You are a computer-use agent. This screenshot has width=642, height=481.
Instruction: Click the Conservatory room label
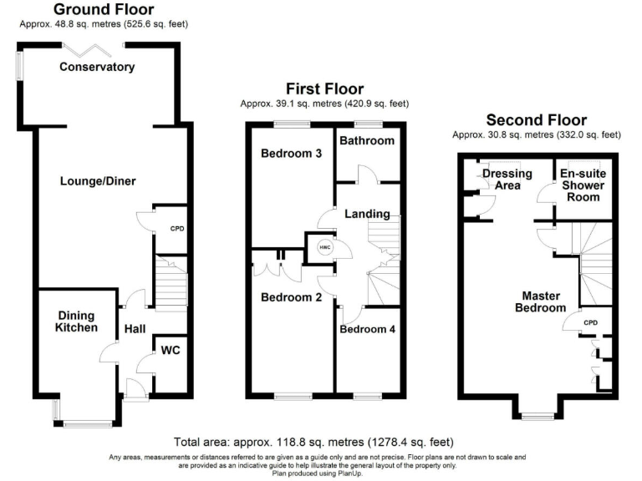(x=97, y=67)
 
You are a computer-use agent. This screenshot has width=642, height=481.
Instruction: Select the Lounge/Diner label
(x=97, y=181)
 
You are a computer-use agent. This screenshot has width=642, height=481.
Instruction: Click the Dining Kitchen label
(x=75, y=322)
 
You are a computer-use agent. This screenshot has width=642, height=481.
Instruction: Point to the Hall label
(x=135, y=330)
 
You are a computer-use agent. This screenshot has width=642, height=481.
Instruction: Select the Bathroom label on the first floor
(x=366, y=140)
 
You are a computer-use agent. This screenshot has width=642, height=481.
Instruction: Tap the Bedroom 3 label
(x=292, y=154)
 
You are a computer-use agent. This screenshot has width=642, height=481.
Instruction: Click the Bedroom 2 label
(x=292, y=297)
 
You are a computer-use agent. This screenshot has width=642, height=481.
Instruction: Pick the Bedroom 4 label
(x=367, y=329)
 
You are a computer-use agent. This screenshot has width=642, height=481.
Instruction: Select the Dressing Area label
(x=502, y=179)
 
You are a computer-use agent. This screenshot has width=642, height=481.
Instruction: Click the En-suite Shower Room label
(x=580, y=185)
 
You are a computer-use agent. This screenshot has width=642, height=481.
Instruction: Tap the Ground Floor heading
(x=103, y=10)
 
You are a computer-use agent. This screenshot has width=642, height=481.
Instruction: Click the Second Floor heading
(x=536, y=120)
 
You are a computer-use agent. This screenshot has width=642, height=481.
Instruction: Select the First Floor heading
(x=324, y=89)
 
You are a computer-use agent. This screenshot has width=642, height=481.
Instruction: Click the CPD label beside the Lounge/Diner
(x=177, y=228)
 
